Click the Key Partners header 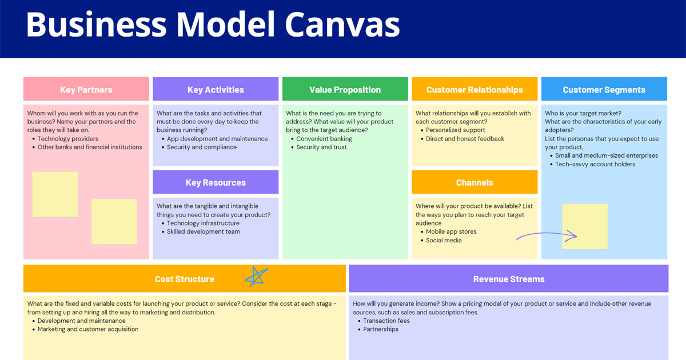point(86,90)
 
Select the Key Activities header point(216,90)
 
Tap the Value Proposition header point(345,90)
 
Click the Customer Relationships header point(474,90)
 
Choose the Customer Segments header point(604,90)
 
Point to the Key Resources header point(216,183)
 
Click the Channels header point(474,183)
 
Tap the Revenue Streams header point(508,279)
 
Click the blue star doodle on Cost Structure point(257,277)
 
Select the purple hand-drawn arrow point(547,235)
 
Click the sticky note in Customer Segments point(585,226)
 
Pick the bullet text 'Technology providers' point(68,139)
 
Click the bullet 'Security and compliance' point(202,147)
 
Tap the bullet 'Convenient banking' point(324,139)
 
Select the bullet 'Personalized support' point(456,130)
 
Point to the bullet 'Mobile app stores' point(451,232)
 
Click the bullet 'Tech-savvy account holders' point(595,165)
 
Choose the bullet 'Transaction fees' point(386,321)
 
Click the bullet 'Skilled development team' point(204,232)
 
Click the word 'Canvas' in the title point(342,25)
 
